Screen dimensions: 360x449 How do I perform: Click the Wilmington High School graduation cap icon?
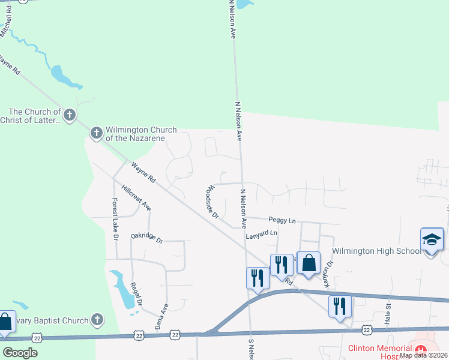tap(432, 240)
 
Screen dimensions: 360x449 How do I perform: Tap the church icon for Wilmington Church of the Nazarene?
tap(97, 133)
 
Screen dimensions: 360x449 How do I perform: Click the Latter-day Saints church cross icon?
tap(70, 115)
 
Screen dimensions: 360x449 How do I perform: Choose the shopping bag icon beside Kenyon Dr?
tap(309, 263)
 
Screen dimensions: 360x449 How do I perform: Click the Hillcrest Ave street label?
tap(136, 197)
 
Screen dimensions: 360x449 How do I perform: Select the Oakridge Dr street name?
tap(146, 237)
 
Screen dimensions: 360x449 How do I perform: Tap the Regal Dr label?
tap(136, 294)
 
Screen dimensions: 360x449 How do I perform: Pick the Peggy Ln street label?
tap(282, 221)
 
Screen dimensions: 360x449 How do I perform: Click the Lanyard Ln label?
tap(262, 233)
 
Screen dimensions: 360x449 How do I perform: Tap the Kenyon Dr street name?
tap(329, 274)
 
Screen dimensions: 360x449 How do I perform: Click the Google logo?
tap(19, 352)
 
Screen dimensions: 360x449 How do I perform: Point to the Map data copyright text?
tap(423, 355)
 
